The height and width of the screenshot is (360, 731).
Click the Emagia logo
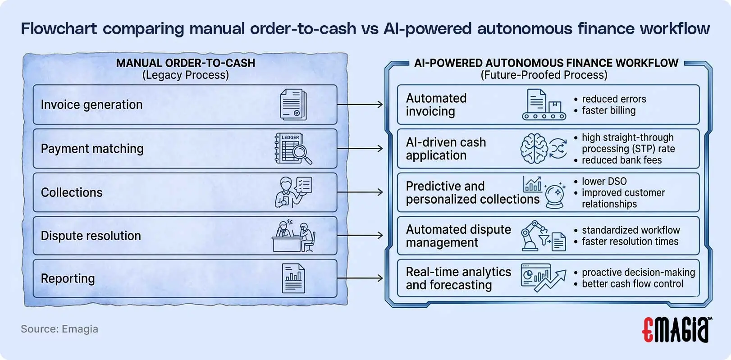point(676,329)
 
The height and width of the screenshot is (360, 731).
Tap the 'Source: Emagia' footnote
point(59,329)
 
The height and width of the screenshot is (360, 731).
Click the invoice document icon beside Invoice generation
point(293,105)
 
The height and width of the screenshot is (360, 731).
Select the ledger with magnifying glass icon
point(293,149)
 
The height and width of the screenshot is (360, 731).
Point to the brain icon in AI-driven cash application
point(534,149)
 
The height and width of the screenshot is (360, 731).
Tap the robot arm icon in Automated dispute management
point(533,235)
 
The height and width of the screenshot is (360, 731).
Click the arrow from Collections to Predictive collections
point(360,192)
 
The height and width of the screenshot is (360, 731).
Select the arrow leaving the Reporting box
point(360,278)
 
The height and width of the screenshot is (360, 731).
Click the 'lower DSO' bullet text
point(604,181)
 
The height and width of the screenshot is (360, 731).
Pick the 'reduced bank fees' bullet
point(621,160)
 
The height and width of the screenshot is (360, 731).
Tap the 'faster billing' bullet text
point(608,110)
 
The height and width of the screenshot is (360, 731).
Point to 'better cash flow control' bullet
point(632,284)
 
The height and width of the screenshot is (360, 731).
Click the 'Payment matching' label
point(92,149)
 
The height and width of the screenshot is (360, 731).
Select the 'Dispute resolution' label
point(91,236)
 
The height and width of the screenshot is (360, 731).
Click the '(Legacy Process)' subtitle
point(186,75)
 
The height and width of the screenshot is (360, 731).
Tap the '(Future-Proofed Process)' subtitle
point(544,75)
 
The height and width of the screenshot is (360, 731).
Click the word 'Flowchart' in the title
point(59,29)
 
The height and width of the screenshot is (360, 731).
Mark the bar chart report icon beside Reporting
point(293,278)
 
